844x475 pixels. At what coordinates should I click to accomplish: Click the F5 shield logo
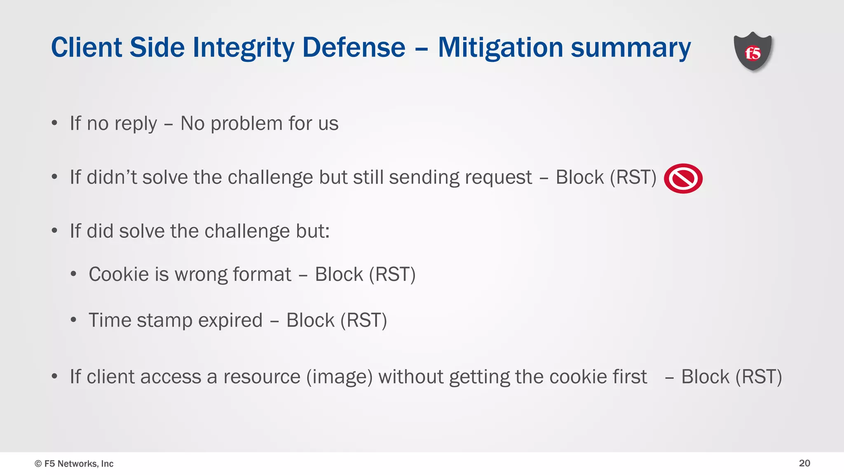tap(753, 52)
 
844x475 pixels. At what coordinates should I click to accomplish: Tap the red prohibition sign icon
tap(683, 179)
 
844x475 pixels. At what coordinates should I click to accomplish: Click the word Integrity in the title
tap(243, 47)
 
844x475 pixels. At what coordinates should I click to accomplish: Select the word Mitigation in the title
tap(500, 47)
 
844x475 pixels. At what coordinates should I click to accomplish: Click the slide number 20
tap(804, 463)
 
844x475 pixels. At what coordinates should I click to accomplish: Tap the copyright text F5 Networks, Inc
tap(74, 463)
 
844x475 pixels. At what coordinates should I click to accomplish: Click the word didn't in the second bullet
tap(112, 177)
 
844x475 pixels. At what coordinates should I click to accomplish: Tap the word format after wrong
tap(262, 274)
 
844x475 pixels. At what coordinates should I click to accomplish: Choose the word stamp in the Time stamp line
tap(164, 321)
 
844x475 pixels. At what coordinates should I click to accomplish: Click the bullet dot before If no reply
tap(54, 123)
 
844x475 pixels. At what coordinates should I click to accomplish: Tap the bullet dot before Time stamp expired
tap(73, 320)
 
